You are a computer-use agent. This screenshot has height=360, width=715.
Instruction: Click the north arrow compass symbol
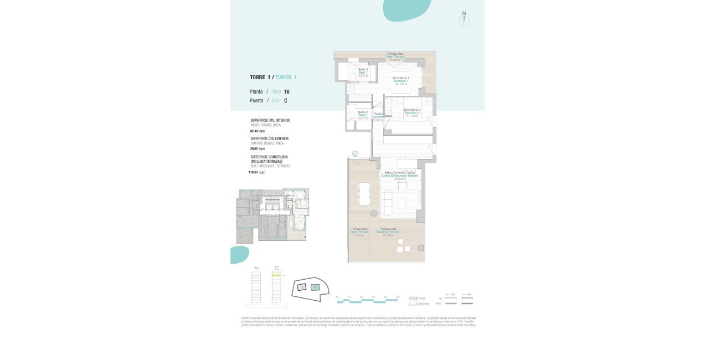click(464, 20)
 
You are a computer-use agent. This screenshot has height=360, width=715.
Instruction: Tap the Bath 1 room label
click(363, 73)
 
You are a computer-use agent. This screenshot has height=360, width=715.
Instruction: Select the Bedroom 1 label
click(401, 81)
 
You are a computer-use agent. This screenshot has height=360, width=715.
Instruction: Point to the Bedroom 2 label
click(412, 112)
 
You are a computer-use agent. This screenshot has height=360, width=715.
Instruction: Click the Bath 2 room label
click(363, 115)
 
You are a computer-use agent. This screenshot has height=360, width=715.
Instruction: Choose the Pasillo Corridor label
click(378, 117)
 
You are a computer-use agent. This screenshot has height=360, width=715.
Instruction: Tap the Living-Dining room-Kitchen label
click(400, 175)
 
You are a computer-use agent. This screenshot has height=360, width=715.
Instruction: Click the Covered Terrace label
click(388, 232)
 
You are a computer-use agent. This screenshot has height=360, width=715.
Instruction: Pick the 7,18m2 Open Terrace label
click(359, 232)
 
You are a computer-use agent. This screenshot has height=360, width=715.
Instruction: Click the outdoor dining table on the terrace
click(364, 193)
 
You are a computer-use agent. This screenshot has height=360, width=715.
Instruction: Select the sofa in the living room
click(388, 203)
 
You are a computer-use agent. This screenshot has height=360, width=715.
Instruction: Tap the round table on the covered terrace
click(400, 250)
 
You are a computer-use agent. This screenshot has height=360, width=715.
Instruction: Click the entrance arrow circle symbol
click(355, 154)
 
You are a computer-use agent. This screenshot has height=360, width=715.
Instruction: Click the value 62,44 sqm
click(258, 131)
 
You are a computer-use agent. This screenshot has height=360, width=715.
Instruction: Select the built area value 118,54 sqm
click(256, 172)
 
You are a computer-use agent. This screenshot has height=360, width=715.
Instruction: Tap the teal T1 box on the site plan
click(315, 287)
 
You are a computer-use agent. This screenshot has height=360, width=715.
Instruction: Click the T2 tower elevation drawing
click(256, 287)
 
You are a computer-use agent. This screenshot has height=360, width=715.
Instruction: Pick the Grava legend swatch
click(413, 298)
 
